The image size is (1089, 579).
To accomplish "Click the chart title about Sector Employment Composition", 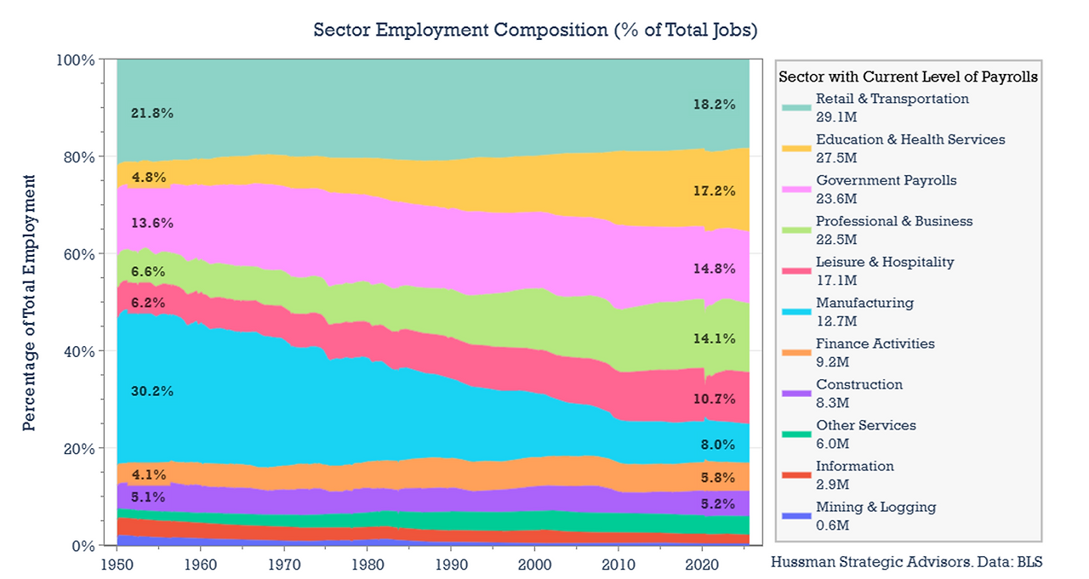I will click(x=535, y=31).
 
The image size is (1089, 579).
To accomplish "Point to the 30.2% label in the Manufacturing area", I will click(x=152, y=392).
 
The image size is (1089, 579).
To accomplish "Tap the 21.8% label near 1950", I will click(x=152, y=113).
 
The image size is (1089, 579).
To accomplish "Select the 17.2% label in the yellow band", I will click(x=714, y=192).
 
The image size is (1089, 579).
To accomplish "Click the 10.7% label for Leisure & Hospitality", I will click(x=714, y=399).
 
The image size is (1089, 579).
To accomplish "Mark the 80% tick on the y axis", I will click(x=76, y=157).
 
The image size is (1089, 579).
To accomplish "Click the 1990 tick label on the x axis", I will click(x=450, y=564).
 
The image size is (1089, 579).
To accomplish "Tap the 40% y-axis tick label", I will click(x=76, y=351).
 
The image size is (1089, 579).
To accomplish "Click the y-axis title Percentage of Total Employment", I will click(x=30, y=303).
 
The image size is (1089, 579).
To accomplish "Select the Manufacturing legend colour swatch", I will click(x=795, y=312).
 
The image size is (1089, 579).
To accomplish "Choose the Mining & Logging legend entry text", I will click(x=875, y=508).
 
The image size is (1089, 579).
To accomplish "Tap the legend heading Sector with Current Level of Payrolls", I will click(x=908, y=77).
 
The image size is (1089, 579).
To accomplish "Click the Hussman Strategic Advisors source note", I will click(x=906, y=562).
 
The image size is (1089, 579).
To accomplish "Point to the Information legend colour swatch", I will click(x=795, y=475).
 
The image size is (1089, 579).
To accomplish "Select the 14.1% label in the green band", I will click(x=714, y=338).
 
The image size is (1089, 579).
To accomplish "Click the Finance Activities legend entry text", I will click(x=875, y=344).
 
